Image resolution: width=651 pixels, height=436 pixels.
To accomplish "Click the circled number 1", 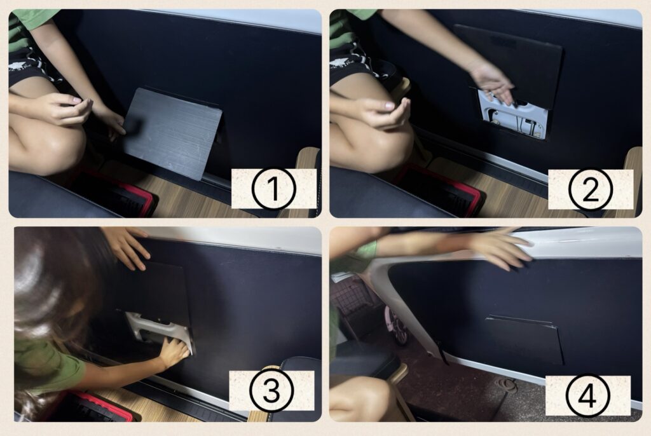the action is pos(273,189).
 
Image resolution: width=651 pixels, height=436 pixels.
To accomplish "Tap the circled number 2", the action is pos(591,189).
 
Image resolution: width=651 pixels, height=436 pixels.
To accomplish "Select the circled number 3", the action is pos(271,390).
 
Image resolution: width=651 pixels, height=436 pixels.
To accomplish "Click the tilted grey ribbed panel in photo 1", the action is pos(172,133).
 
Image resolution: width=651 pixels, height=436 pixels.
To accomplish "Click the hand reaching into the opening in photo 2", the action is pos(493,83).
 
